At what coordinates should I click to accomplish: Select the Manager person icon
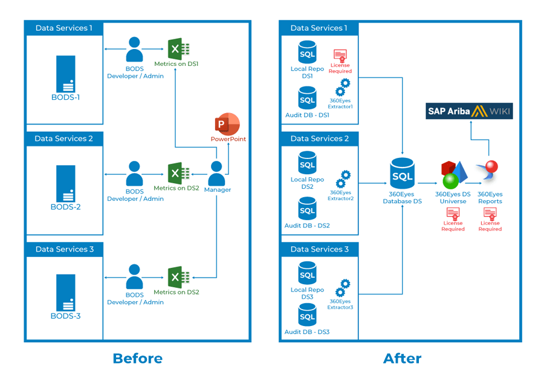click(x=216, y=174)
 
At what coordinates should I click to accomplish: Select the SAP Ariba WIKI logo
click(x=469, y=111)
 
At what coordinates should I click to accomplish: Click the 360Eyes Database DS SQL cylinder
click(x=402, y=174)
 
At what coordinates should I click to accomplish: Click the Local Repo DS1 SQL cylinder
click(x=307, y=53)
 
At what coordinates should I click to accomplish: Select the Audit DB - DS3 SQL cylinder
click(x=307, y=315)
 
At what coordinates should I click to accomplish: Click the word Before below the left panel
click(x=138, y=359)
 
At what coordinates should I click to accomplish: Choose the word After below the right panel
click(x=402, y=359)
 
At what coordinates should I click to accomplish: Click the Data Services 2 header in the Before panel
click(x=63, y=138)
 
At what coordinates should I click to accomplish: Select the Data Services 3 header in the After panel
click(x=319, y=249)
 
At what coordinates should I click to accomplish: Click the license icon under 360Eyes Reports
click(x=490, y=214)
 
